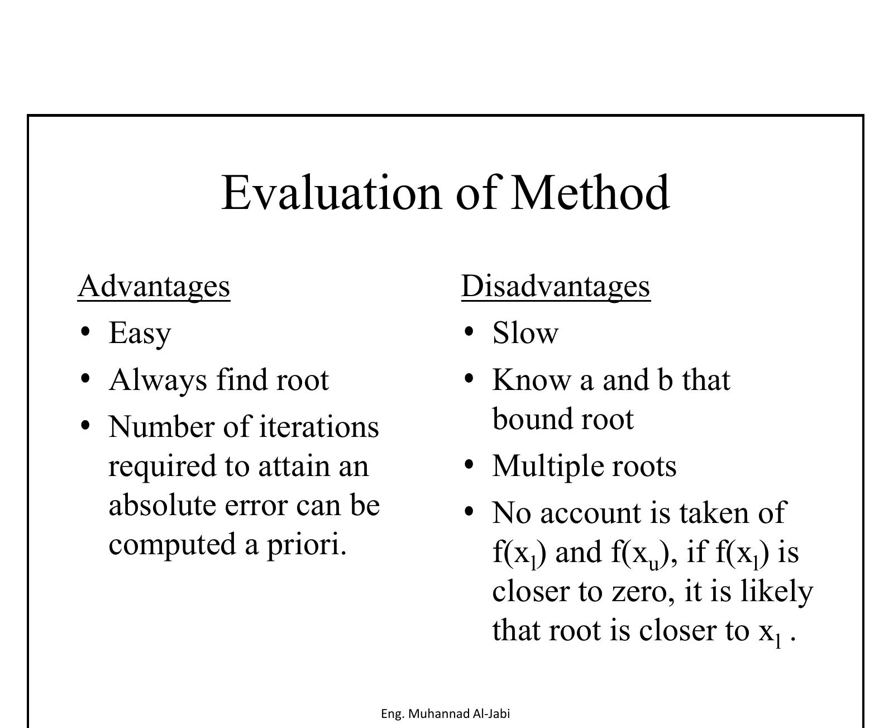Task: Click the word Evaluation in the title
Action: [x=331, y=193]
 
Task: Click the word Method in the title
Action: [x=590, y=192]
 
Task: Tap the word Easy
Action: [x=140, y=334]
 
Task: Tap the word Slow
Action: [x=525, y=333]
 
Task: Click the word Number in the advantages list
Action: [x=161, y=426]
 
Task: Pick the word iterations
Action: [x=319, y=426]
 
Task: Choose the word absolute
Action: [x=162, y=505]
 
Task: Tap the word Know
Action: [x=532, y=380]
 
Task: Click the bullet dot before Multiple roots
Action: [x=469, y=465]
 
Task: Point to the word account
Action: [x=591, y=514]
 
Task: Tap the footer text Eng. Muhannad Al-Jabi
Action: [x=445, y=713]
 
